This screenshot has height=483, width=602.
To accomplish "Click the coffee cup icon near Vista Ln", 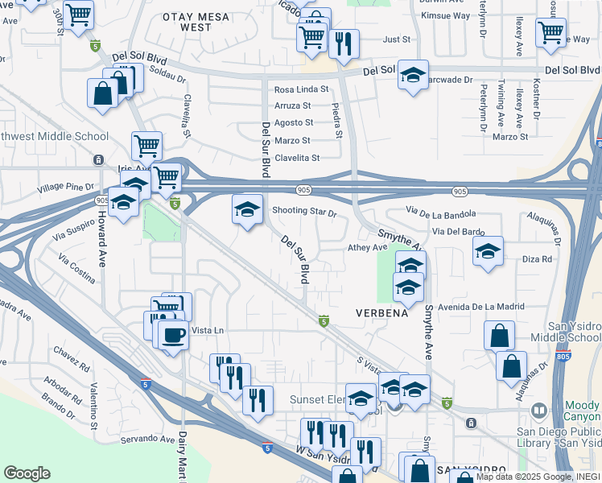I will [x=173, y=334].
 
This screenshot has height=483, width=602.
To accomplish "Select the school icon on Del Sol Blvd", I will [x=413, y=76].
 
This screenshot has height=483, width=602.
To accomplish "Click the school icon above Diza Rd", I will [x=488, y=252].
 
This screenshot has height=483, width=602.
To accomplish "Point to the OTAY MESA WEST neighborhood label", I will [x=187, y=22].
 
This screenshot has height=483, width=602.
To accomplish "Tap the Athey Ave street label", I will [x=367, y=248].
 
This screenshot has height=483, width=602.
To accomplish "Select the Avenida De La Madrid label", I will [x=481, y=306].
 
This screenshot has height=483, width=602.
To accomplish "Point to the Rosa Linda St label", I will [x=302, y=89].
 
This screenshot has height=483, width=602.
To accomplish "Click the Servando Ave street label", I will [x=146, y=440].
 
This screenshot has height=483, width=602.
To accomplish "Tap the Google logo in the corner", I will [x=27, y=473].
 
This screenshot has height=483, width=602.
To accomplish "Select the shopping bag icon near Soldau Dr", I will [x=104, y=93].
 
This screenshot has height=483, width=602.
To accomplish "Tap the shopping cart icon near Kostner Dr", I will [x=551, y=32].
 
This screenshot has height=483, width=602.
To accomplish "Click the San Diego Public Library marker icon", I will [x=538, y=411].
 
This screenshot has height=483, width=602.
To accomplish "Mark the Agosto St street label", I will [x=294, y=122].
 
